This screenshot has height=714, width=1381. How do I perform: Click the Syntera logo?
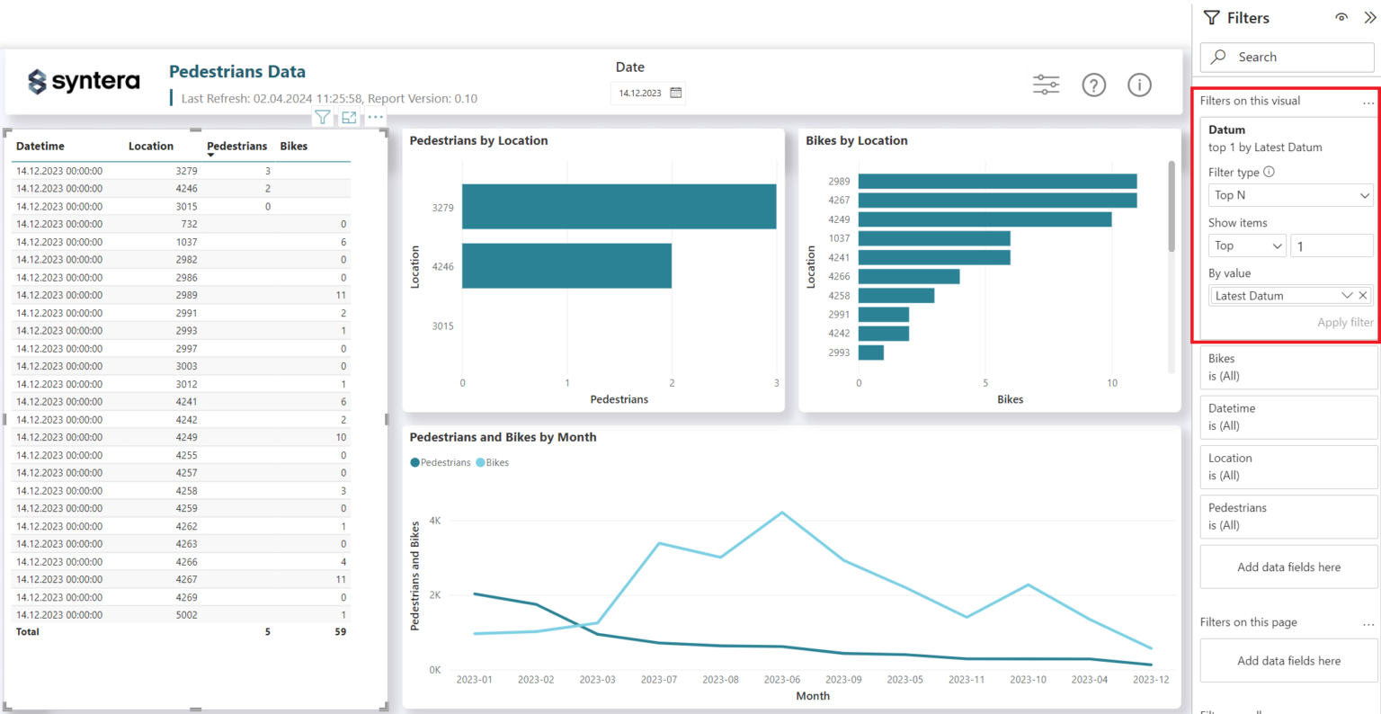point(84,82)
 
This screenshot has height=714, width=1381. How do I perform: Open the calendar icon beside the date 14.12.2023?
point(676,93)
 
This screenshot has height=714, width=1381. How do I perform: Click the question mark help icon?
point(1093,85)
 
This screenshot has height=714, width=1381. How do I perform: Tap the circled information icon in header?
point(1139,85)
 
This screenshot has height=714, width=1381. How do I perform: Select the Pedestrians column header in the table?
point(236,146)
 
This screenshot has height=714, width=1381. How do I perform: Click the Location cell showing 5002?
point(186,615)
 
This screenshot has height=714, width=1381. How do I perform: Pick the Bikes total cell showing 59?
point(340,632)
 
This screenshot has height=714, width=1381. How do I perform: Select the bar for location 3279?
point(619,207)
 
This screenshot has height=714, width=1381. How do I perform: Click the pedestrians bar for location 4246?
point(566,266)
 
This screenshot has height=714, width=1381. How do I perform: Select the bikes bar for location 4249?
point(985,219)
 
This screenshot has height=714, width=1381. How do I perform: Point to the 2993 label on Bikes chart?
point(839,353)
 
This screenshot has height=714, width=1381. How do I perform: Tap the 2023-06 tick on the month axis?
point(781,680)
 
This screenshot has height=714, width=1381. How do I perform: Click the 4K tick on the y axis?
point(435,521)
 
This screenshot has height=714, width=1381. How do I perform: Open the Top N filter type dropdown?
point(1290,195)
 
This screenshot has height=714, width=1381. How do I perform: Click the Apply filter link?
point(1345,323)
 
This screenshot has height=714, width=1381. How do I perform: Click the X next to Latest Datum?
point(1363,296)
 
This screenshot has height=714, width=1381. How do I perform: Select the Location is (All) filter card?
point(1288,467)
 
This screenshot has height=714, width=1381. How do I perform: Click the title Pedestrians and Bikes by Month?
point(503,437)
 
